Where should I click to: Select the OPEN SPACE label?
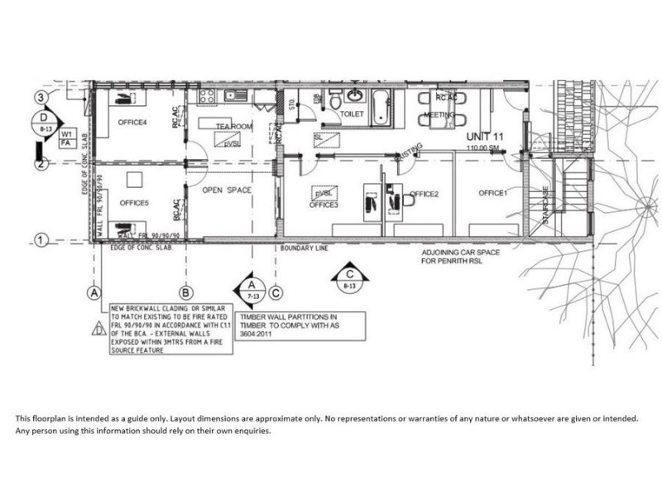point(227,191)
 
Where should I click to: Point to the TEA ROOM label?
point(233,126)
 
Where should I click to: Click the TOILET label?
point(352,113)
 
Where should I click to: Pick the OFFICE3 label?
point(324,205)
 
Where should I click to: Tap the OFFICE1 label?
point(492,194)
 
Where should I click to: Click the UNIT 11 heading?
point(486,136)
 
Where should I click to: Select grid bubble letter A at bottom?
point(95,292)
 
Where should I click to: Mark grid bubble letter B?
point(186,292)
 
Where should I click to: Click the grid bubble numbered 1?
point(39,240)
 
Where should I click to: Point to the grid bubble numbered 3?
point(39,98)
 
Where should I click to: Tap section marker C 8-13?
point(351,277)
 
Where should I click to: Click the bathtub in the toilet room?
point(381,105)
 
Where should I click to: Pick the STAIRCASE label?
point(546,204)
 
